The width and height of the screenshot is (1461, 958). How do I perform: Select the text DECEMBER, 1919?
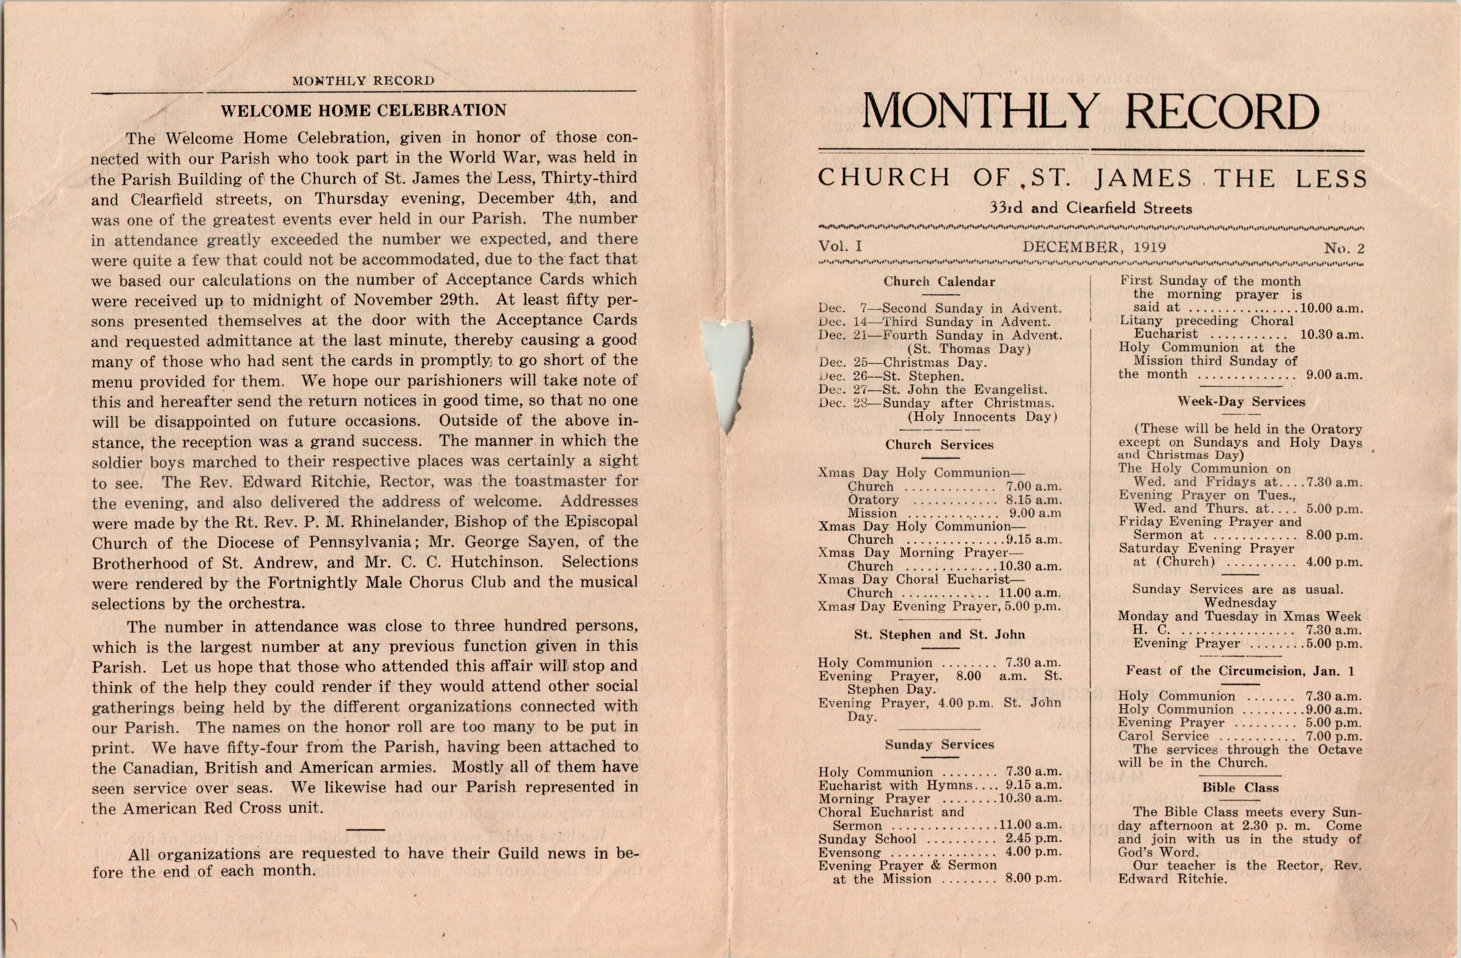coord(1094,247)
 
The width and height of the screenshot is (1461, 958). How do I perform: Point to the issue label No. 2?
coord(1344,248)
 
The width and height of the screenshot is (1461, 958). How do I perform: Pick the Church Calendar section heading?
coord(939,282)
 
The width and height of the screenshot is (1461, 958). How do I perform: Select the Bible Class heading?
coord(1240,787)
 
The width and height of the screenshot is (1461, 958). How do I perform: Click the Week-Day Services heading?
coord(1240,402)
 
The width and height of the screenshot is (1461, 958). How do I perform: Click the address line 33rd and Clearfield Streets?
coord(1090,208)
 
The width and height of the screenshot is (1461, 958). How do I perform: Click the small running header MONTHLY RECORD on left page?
coord(363,81)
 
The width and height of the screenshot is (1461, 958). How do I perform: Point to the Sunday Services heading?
coord(939,745)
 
